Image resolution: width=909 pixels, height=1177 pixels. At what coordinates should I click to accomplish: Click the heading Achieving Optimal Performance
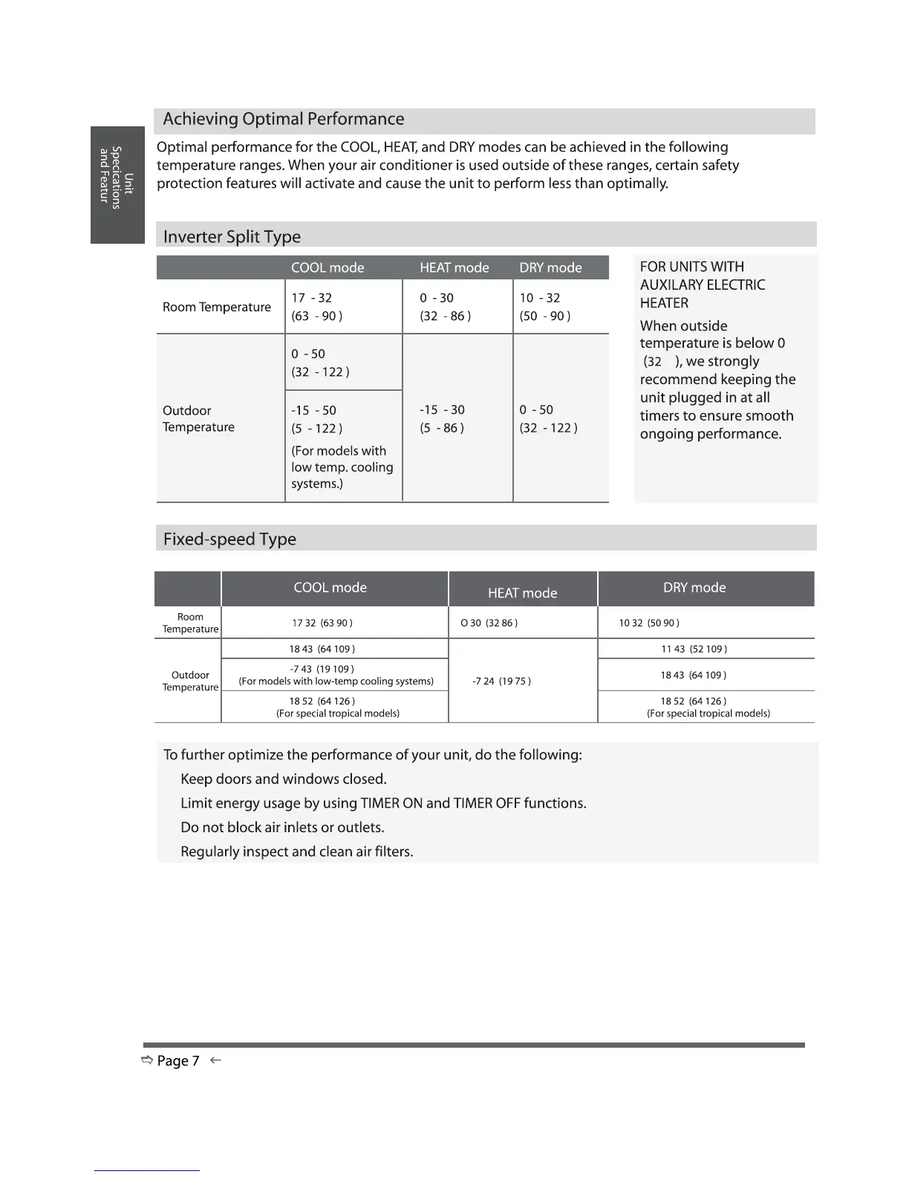click(283, 120)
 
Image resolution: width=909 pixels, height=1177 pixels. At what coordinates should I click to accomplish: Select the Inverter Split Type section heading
click(232, 237)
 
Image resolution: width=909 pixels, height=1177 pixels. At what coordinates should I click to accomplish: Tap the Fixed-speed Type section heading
click(229, 539)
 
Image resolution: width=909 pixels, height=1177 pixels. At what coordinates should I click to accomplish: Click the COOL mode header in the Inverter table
click(328, 267)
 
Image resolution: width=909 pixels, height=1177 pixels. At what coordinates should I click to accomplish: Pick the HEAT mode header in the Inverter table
click(454, 267)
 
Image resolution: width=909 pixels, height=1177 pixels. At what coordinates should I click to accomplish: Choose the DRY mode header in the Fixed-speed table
click(694, 588)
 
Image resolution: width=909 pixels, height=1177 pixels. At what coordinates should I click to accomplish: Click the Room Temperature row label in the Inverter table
click(217, 307)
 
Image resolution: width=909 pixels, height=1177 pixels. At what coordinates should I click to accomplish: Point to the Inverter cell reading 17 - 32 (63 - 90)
click(316, 307)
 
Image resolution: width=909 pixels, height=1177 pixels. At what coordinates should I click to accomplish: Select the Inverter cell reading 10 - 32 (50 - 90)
click(544, 307)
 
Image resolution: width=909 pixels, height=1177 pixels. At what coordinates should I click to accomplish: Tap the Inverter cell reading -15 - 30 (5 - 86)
click(442, 419)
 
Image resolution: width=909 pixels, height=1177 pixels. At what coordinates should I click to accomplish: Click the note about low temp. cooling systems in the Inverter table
click(342, 467)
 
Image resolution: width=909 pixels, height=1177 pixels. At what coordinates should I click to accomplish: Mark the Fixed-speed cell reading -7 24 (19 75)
click(501, 681)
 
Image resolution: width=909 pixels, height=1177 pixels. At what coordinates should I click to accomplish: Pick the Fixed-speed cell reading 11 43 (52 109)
click(694, 649)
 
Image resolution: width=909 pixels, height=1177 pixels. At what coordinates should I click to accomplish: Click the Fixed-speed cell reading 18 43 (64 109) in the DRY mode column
click(693, 675)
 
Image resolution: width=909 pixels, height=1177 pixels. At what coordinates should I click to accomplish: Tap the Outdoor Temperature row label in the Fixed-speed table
click(190, 681)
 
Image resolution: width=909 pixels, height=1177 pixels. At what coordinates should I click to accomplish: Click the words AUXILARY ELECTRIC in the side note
click(702, 285)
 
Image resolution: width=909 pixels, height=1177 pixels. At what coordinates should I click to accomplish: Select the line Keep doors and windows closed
click(283, 779)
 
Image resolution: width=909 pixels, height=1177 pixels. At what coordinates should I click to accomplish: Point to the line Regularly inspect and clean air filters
click(296, 852)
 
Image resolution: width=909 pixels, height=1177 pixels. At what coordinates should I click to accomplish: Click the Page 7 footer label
click(178, 1061)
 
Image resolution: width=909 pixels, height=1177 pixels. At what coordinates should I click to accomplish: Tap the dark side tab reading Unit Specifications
click(117, 184)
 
